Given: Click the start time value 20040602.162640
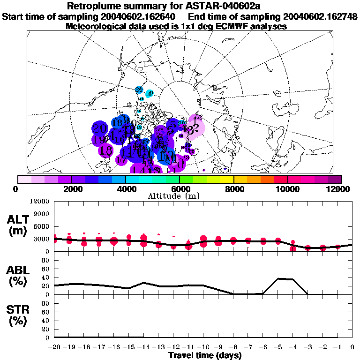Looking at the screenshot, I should pyautogui.click(x=140, y=17).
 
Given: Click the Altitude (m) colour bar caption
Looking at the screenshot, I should pyautogui.click(x=180, y=195).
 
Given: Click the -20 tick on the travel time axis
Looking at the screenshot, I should pyautogui.click(x=54, y=347).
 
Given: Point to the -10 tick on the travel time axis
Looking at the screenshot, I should pyautogui.click(x=203, y=347).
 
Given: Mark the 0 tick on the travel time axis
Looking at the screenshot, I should pyautogui.click(x=352, y=347).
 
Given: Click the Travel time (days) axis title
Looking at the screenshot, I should pyautogui.click(x=205, y=356).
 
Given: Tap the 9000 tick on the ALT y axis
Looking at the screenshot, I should pyautogui.click(x=43, y=214).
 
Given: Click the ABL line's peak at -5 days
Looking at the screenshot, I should pyautogui.click(x=278, y=278).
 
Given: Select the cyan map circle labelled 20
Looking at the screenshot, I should pyautogui.click(x=139, y=89).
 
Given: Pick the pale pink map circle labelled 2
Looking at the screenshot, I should pyautogui.click(x=196, y=127).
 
